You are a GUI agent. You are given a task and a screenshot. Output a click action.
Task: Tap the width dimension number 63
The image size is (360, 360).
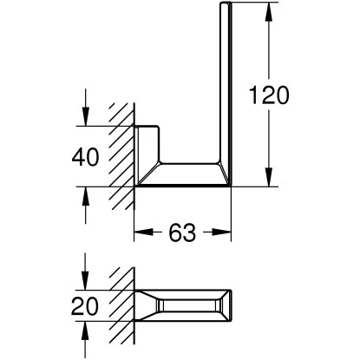(183, 232)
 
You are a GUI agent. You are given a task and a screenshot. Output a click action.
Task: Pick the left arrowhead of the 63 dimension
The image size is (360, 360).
(141, 232)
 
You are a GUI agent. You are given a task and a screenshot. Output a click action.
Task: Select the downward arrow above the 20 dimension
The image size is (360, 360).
(87, 281)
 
